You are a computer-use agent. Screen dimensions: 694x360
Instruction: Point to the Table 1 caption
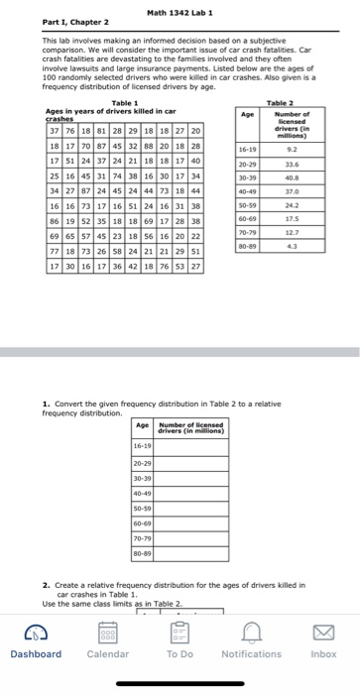125,104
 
